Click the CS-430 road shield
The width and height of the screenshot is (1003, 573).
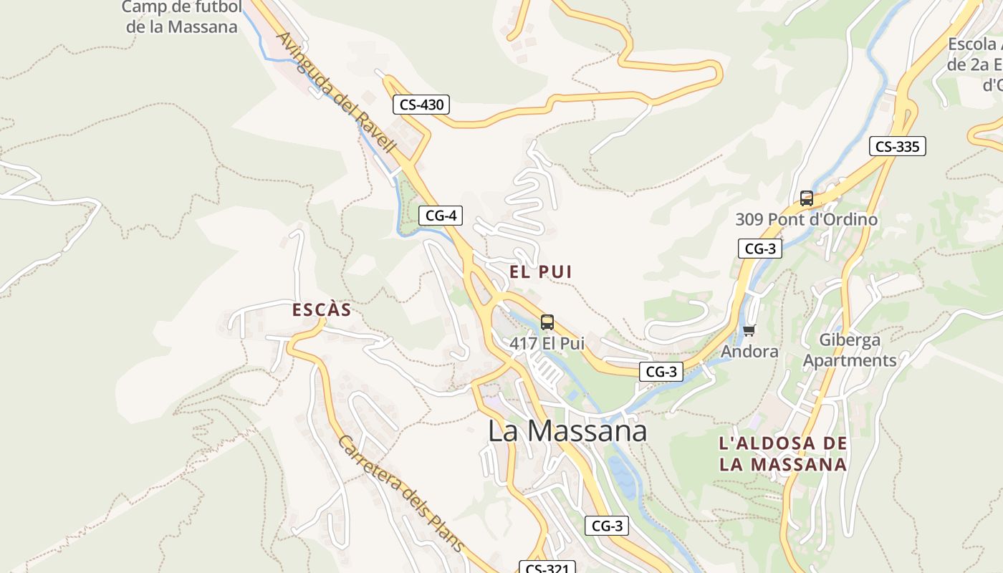click(x=422, y=105)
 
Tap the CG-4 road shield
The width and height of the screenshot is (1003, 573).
click(x=441, y=215)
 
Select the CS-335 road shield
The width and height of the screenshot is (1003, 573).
click(x=898, y=146)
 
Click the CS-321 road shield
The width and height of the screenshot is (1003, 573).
click(x=547, y=568)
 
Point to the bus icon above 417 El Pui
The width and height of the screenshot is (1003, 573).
click(x=547, y=322)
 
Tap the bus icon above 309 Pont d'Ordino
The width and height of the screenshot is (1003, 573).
click(x=807, y=198)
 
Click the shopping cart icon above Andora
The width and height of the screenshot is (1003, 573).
click(x=749, y=330)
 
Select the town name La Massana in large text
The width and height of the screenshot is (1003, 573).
click(x=567, y=430)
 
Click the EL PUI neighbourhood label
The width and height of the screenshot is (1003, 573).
click(x=541, y=271)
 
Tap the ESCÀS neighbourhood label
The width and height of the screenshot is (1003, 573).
click(x=322, y=309)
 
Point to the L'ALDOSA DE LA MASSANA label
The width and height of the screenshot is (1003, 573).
click(x=783, y=453)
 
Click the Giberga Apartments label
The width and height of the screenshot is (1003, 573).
click(x=850, y=350)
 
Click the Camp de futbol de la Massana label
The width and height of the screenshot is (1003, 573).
click(x=181, y=17)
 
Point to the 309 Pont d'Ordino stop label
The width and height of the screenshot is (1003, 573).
click(x=807, y=219)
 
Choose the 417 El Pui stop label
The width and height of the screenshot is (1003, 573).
click(x=547, y=344)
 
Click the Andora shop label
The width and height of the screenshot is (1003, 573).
click(x=749, y=351)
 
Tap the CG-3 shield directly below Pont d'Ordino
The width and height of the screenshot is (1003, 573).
click(x=759, y=249)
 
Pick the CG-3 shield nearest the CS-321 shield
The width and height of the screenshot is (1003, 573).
click(x=607, y=526)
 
